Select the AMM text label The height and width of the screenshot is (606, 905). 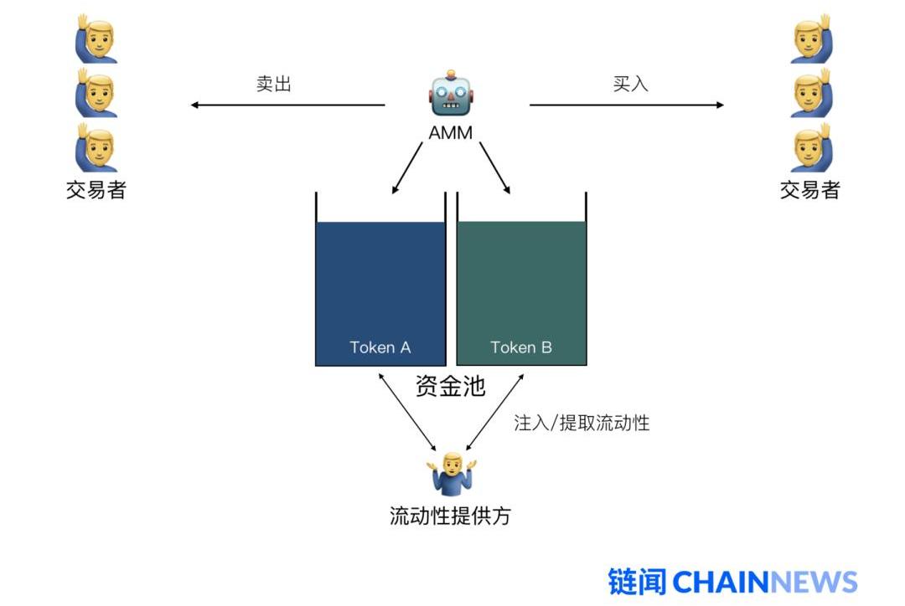coord(451,132)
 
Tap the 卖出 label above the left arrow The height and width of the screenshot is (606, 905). coord(273,84)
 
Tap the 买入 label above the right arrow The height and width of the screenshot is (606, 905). coord(630,84)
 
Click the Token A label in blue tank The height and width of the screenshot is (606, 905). coord(380,347)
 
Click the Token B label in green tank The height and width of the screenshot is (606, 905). coord(521,347)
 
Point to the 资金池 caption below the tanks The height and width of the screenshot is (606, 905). coord(450,386)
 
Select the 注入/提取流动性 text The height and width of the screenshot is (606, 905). coord(582,423)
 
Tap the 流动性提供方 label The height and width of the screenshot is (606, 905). coord(450,516)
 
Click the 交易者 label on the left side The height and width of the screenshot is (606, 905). coord(96,190)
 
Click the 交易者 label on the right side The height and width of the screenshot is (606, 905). coord(809,190)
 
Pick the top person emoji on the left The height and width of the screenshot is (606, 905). coord(96,38)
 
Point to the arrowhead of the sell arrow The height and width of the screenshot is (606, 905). coord(194,105)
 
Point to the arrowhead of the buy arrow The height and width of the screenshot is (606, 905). coord(720,105)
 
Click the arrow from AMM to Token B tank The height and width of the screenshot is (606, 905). coord(494,168)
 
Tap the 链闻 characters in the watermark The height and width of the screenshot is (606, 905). coord(638,582)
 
